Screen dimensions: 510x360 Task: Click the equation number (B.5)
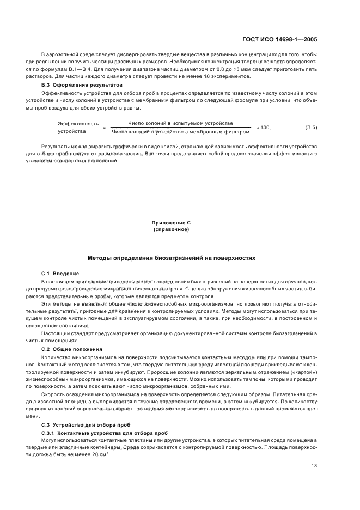pos(311,127)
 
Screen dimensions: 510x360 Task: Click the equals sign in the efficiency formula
pos(103,127)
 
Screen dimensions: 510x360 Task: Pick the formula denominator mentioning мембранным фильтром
pos(180,132)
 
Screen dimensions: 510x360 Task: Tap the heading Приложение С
pos(171,223)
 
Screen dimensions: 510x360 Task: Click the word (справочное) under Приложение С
pos(171,229)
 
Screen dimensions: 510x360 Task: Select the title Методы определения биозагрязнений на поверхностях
pos(171,257)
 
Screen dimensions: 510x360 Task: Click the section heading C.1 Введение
pos(60,273)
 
